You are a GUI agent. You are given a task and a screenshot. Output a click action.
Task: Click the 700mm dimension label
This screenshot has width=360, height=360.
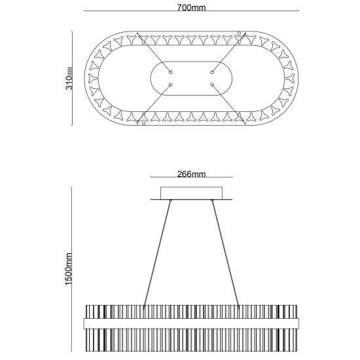coord(191,8)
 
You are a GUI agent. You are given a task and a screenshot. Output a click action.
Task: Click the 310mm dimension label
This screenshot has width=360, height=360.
coord(69,79)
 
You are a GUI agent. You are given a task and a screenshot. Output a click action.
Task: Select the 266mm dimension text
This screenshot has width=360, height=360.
coord(191,174)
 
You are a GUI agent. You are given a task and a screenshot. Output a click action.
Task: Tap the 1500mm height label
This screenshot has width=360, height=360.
coord(69,269)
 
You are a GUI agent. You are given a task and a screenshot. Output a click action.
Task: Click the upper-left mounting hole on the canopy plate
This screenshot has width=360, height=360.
coord(171,72)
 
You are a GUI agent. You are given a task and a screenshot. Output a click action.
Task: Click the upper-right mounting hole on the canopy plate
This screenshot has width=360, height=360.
coord(212,72)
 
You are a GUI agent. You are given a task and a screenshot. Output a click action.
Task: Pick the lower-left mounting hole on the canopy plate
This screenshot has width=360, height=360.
coord(171,84)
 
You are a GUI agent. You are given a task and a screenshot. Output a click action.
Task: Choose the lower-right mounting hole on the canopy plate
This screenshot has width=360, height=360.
coord(212,84)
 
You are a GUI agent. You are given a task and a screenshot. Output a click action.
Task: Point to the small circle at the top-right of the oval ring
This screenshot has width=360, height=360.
coord(239,33)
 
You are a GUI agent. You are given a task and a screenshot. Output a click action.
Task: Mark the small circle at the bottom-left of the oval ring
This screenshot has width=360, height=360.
coord(144,124)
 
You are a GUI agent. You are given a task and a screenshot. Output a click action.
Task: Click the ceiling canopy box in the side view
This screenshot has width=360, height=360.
coord(191,193)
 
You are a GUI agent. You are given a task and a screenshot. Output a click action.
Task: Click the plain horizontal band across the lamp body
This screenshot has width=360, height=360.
coord(191,323)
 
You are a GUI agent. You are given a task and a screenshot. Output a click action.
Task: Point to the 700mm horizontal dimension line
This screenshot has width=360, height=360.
coord(191,10)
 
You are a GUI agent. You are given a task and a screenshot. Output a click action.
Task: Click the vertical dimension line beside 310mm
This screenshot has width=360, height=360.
coord(72,79)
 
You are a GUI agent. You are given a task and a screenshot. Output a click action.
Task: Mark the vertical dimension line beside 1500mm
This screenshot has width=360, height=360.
coord(71,269)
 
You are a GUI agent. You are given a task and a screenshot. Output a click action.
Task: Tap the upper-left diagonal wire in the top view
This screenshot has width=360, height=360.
coord(154,53)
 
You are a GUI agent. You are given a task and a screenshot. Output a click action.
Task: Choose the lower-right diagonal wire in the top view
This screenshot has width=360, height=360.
coord(228,104)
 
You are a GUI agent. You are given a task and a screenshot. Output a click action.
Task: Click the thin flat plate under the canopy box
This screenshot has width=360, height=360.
coord(191,200)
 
